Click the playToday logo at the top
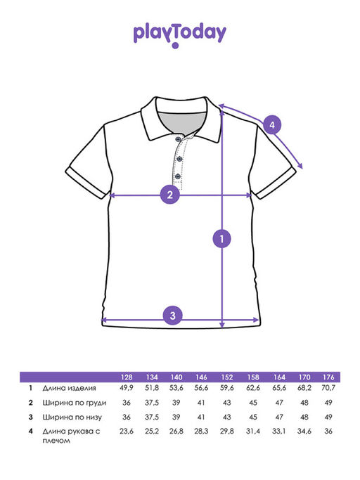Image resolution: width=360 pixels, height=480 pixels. point(180,34)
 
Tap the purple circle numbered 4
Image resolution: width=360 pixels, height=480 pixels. point(272,125)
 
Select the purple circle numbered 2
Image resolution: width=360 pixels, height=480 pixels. point(169,194)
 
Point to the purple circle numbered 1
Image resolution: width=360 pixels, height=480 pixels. point(222,238)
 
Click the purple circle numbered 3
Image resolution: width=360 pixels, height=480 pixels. point(172,316)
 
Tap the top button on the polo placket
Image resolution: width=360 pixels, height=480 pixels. point(178,139)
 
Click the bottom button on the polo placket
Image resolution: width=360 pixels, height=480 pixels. point(178,176)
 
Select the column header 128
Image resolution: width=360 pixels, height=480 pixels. point(127,377)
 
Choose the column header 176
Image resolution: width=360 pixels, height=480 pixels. point(328,377)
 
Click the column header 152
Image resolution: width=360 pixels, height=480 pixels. point(226,377)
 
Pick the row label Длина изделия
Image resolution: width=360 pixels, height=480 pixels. point(69,388)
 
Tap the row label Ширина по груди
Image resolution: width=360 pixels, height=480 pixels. point(75,403)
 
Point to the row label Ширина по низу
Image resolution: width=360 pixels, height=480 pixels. point(72,417)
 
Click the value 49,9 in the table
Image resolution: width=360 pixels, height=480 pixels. point(127,388)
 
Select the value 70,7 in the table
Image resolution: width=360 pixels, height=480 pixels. point(328,388)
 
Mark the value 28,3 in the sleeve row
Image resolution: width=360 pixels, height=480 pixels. point(201,431)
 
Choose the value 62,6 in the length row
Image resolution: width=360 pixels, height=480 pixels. point(253,388)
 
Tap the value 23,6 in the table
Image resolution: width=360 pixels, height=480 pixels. point(127,431)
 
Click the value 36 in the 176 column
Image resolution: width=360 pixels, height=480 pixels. point(328,431)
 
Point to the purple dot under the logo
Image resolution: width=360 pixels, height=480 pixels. point(175,46)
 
